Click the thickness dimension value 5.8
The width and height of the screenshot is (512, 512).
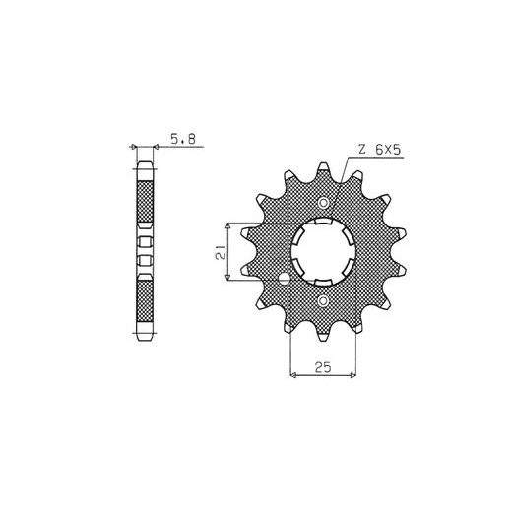tap(183, 139)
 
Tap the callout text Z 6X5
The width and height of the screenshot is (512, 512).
tap(379, 150)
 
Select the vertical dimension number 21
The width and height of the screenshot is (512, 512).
tap(221, 252)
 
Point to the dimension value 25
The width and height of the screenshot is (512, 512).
tap(323, 367)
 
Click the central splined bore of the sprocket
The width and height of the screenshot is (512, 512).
tap(323, 252)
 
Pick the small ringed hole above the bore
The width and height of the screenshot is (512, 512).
tap(323, 203)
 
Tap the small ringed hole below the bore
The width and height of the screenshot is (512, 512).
tap(323, 300)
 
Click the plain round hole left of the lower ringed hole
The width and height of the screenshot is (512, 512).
tap(285, 280)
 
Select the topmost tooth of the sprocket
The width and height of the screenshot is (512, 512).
tap(323, 170)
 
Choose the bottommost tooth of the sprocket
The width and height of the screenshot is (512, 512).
tap(323, 332)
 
